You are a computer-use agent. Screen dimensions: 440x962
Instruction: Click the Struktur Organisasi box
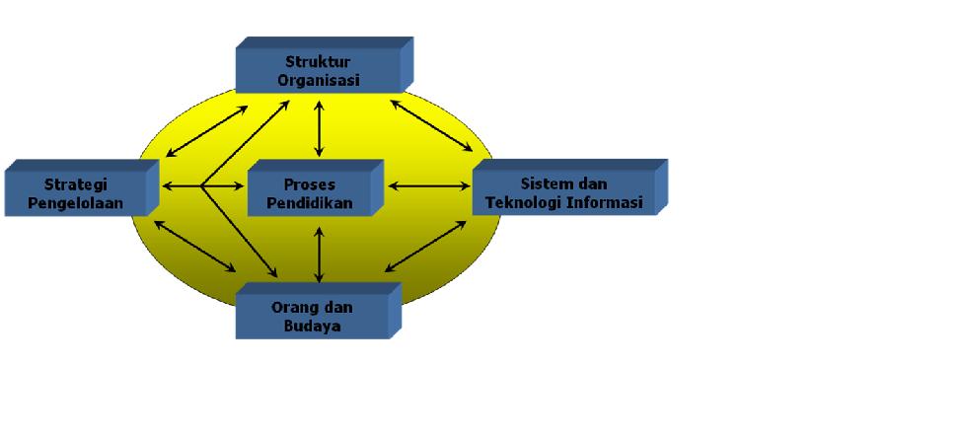tap(319, 70)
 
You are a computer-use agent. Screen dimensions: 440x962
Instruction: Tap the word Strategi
tap(76, 184)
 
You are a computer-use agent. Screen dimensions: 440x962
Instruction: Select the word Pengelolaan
tap(76, 203)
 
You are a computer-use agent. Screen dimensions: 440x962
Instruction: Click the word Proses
tap(309, 184)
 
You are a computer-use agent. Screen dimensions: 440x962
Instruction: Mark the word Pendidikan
tap(309, 203)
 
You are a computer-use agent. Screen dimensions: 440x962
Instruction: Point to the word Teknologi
tap(537, 203)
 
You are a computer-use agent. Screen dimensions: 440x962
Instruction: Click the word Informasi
tap(610, 203)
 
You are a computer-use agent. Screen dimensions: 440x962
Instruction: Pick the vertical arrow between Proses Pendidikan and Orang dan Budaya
tap(318, 253)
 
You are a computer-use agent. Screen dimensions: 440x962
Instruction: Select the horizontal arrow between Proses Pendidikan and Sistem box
tap(429, 185)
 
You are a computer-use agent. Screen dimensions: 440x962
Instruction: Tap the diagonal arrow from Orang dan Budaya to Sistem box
tap(425, 247)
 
